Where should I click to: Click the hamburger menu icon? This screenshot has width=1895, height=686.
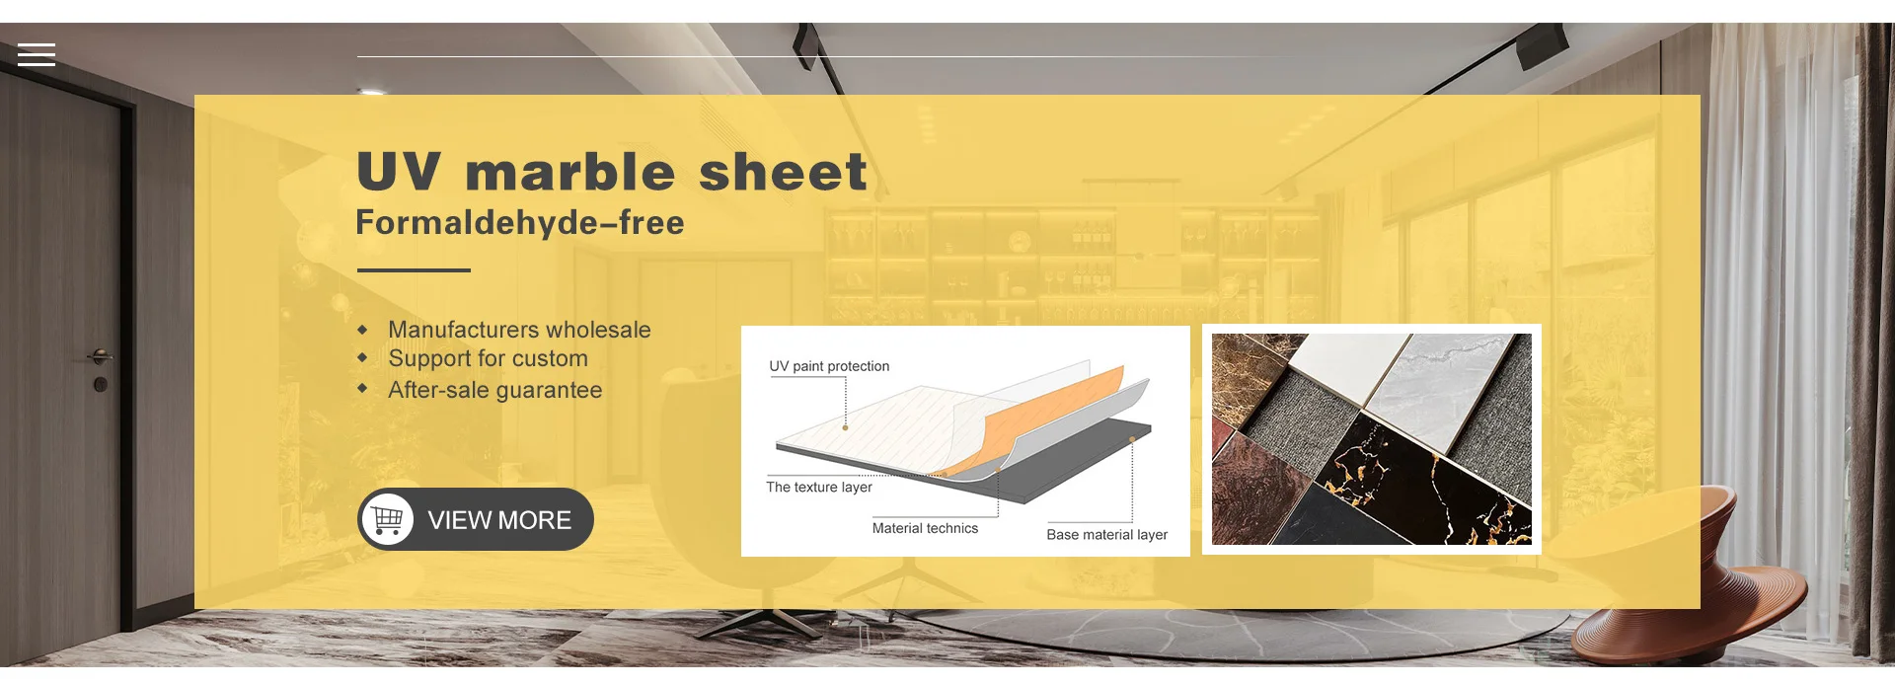(x=37, y=54)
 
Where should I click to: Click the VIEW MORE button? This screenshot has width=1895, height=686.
(x=476, y=519)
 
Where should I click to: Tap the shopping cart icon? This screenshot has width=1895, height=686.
(x=388, y=519)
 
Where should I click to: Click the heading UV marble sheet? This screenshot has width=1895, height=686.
(x=612, y=172)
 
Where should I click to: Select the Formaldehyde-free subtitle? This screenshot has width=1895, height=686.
(x=519, y=223)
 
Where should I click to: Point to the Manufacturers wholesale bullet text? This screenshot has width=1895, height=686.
(x=519, y=330)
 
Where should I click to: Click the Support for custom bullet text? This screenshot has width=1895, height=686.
(x=488, y=358)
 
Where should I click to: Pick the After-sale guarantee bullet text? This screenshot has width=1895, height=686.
(x=494, y=390)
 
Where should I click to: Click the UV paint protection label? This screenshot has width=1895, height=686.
(x=829, y=366)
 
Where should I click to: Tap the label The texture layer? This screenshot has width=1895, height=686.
(x=819, y=487)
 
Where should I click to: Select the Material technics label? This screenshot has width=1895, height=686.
(x=925, y=528)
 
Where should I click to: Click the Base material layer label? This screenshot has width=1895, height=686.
(x=1106, y=534)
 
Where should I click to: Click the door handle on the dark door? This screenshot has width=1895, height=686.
(x=100, y=356)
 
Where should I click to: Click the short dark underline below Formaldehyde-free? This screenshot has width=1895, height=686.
(x=414, y=269)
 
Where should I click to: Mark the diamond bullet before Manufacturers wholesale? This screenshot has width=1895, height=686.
(x=362, y=330)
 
